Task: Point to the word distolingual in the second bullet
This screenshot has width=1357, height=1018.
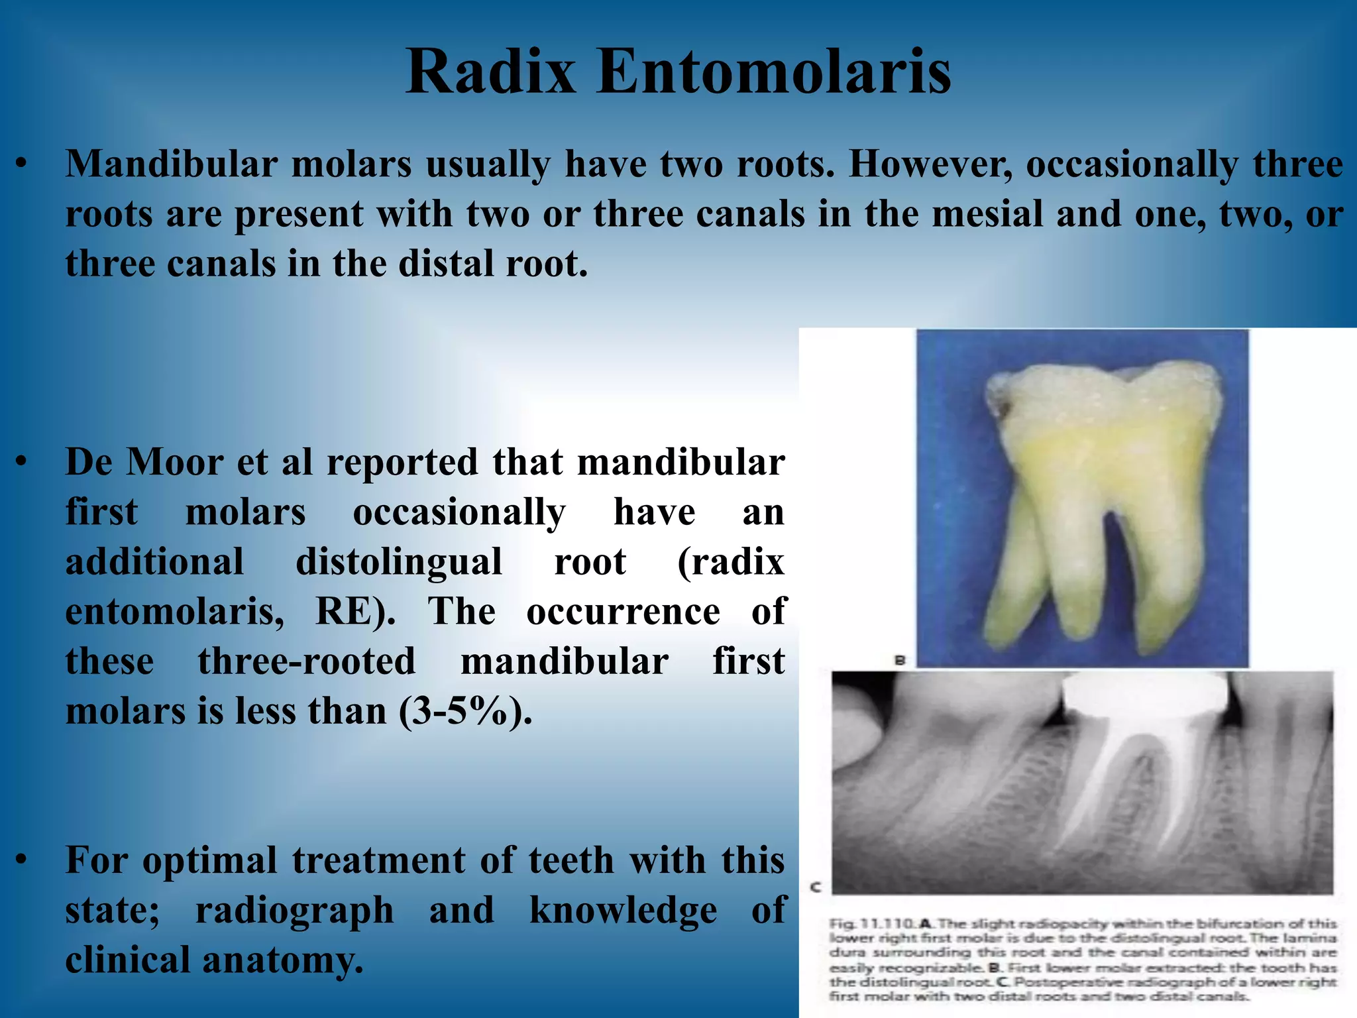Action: (x=398, y=562)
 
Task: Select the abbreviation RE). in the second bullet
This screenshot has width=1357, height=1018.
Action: (x=355, y=612)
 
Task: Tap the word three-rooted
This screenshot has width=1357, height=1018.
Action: (x=306, y=661)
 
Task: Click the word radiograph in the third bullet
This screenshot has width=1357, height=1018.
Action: (x=294, y=910)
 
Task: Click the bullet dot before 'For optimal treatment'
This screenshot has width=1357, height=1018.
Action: (x=22, y=860)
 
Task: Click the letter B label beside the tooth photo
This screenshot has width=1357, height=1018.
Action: (x=900, y=660)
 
